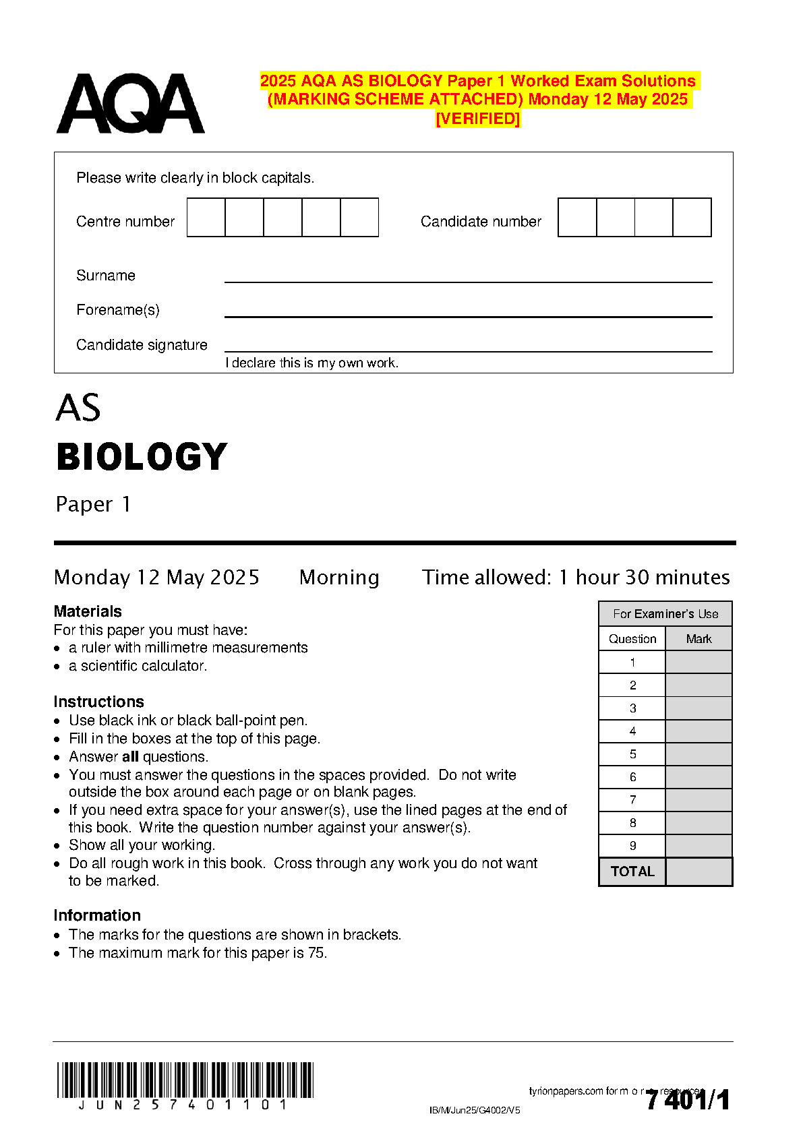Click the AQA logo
pos(130,104)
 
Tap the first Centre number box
pos(206,217)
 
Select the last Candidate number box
pos(692,217)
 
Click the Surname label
pos(106,276)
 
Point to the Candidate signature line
pos(468,350)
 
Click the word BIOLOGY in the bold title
pos(142,457)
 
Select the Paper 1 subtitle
pos(93,504)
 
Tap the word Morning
pos(339,578)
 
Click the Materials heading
pos(88,611)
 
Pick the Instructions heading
pos(98,702)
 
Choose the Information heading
pos(97,915)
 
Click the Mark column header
pos(698,639)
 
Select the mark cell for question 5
pos(698,754)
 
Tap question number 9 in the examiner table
pos(632,846)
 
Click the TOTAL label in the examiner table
pos(632,871)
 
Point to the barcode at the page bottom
pos(185,1080)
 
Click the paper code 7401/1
pos(688,1101)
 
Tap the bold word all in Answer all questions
pos(130,757)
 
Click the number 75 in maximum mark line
pos(316,953)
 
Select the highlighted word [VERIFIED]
pos(478,119)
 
